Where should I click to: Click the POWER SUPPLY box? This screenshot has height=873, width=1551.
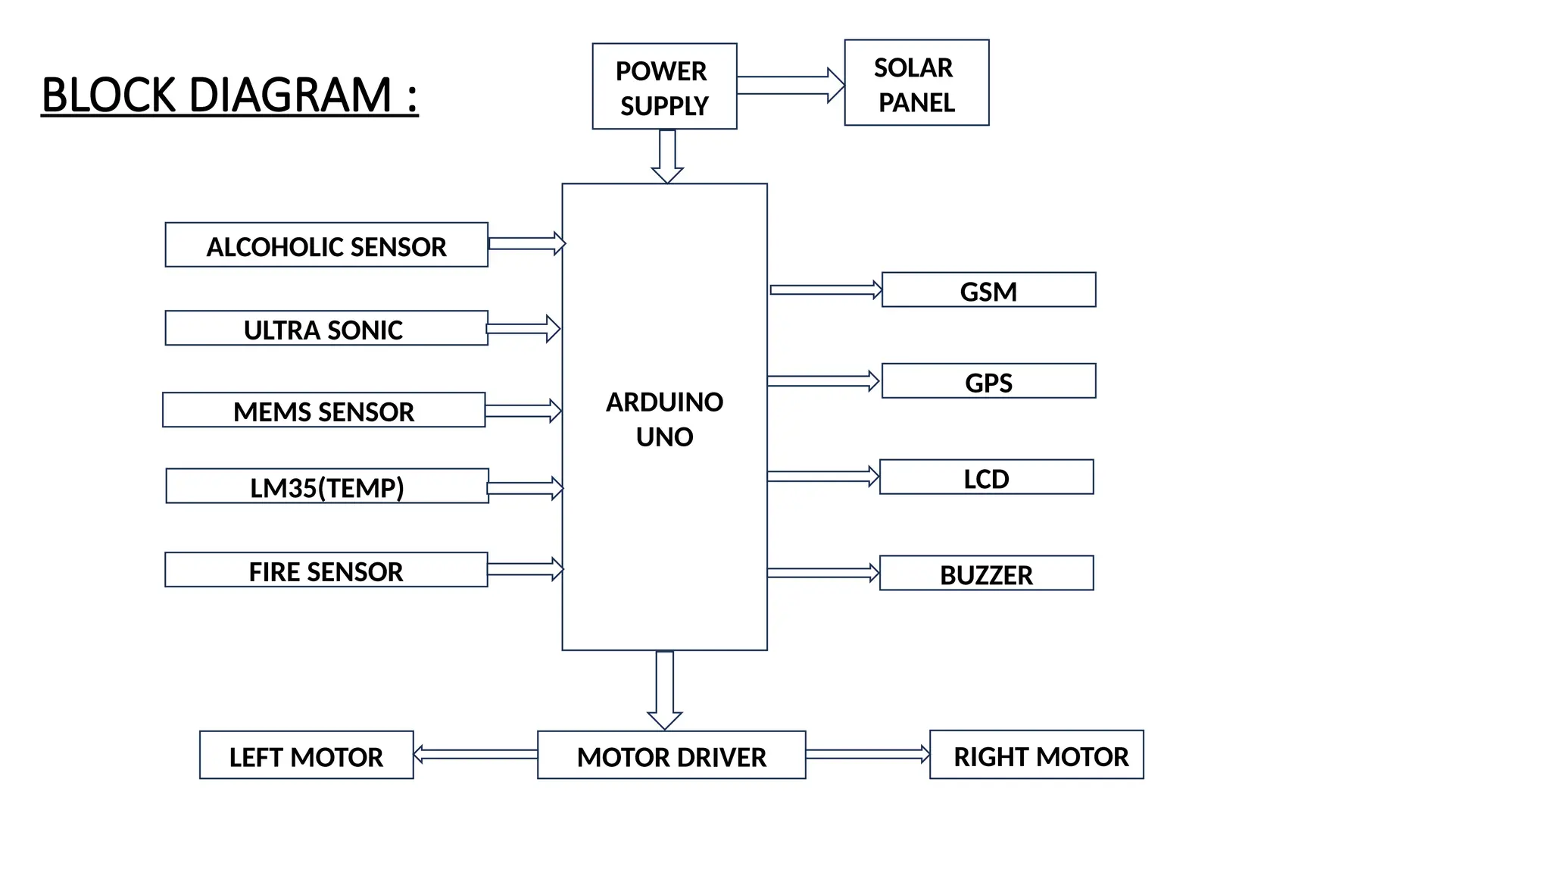tap(664, 86)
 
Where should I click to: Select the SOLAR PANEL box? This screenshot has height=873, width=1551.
tap(916, 83)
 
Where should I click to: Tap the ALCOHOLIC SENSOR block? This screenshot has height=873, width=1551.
tap(326, 245)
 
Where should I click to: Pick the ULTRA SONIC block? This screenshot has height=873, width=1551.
tap(326, 328)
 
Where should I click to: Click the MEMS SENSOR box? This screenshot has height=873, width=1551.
tap(323, 410)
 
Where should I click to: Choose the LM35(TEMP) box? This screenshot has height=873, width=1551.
tap(327, 486)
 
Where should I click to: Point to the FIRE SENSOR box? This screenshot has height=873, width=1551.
tap(326, 570)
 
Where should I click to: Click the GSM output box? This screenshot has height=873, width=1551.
tap(988, 290)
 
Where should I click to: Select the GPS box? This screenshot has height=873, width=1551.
tap(988, 381)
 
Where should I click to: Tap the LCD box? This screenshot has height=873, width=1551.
tap(986, 477)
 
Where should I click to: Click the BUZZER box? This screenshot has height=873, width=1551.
tap(986, 574)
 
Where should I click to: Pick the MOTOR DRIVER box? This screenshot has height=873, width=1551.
tap(671, 756)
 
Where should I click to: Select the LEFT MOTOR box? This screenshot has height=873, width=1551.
tap(306, 756)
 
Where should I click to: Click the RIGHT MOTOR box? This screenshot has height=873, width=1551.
tap(1036, 755)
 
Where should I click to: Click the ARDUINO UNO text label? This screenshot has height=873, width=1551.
tap(664, 418)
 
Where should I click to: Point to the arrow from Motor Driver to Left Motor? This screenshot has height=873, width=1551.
tap(476, 754)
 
